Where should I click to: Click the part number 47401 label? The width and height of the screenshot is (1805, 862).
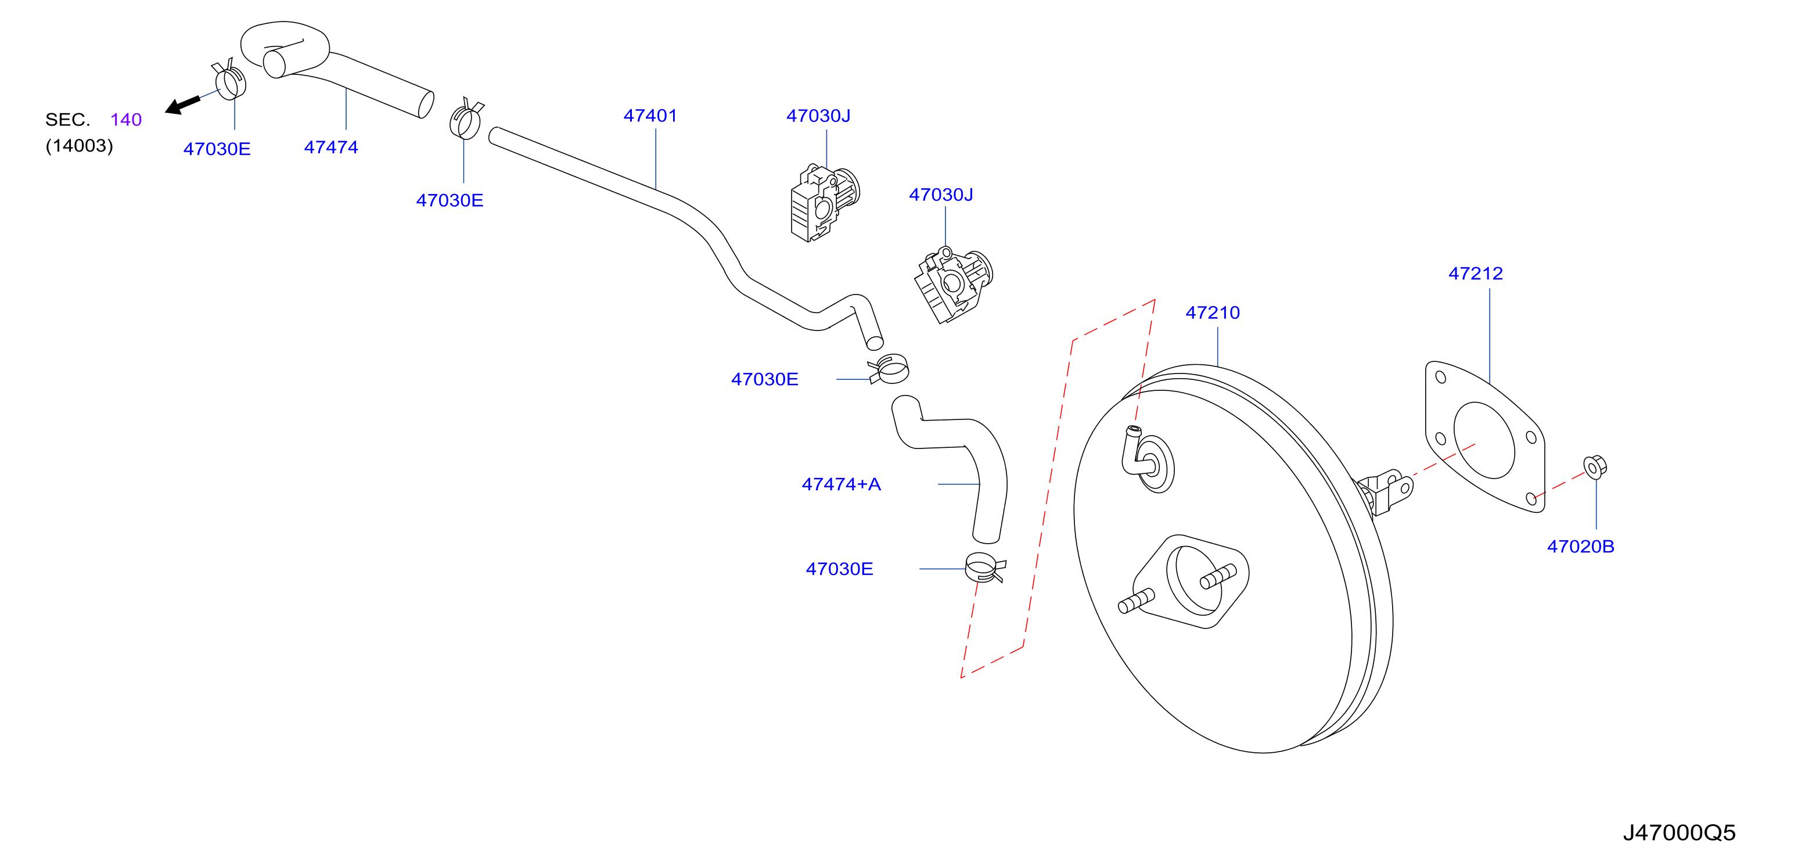(x=650, y=116)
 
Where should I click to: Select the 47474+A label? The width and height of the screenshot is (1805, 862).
(x=841, y=484)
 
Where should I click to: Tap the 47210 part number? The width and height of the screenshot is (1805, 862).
(x=1212, y=313)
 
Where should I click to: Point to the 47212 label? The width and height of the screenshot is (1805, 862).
(x=1476, y=274)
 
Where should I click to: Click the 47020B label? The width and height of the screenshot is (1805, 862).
(x=1581, y=547)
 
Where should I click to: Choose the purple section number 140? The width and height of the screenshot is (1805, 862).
(x=126, y=120)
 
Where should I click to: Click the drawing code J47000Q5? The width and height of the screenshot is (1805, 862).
(x=1680, y=832)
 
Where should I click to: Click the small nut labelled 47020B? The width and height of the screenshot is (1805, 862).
(x=1595, y=467)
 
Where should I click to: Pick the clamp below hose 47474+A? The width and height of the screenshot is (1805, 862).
(x=984, y=567)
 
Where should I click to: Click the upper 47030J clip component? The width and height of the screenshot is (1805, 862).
(x=824, y=203)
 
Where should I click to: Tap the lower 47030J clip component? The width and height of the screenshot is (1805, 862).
(x=953, y=284)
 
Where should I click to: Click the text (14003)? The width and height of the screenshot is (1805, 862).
(x=79, y=146)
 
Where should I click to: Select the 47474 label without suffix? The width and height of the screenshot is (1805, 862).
(x=330, y=147)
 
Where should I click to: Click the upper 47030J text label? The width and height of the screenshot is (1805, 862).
(x=818, y=116)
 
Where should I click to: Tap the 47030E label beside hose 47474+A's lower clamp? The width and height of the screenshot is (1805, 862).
(x=839, y=569)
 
